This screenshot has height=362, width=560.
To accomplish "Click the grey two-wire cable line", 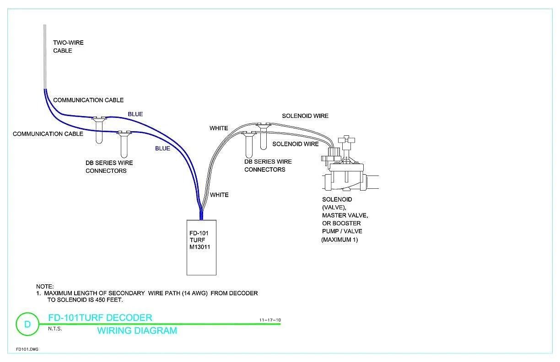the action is [x=45, y=57].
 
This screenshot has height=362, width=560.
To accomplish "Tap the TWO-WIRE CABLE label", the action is [x=68, y=47].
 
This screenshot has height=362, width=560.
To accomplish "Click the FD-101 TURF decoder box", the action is [x=201, y=248].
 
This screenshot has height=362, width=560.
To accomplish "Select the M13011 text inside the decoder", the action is [x=200, y=247].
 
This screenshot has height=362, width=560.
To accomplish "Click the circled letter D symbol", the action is [x=27, y=324].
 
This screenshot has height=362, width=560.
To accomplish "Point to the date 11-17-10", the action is [x=270, y=320].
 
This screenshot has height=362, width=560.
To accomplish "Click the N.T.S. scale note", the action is [x=55, y=329].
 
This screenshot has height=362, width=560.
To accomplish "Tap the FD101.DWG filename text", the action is [x=27, y=349].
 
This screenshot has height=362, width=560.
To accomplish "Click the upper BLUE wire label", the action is [x=135, y=114].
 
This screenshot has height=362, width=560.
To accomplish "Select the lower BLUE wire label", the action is [x=162, y=149].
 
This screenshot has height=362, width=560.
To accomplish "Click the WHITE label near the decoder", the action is [x=219, y=195].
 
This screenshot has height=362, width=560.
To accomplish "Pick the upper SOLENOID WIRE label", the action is [x=305, y=116].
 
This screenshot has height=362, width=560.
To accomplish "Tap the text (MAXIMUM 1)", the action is [x=339, y=240].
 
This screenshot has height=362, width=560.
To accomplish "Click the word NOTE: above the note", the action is [x=45, y=286].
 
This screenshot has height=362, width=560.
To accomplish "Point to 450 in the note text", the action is [x=100, y=300].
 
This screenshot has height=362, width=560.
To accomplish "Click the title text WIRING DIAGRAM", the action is [x=137, y=330].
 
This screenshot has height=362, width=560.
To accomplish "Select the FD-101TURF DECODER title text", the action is [x=100, y=318].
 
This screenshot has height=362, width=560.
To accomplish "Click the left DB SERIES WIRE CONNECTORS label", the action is [x=109, y=167].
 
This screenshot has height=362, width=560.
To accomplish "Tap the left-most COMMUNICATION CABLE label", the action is [x=48, y=134].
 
